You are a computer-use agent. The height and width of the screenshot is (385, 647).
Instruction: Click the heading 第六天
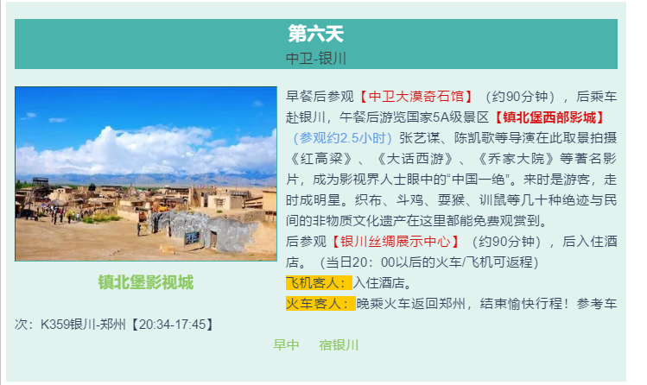point(315,34)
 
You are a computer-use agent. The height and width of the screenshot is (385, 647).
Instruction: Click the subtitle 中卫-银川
point(315,59)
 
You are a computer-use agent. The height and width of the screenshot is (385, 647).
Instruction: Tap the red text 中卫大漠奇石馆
point(416,97)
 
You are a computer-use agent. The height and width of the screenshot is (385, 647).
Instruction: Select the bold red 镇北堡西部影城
point(549,117)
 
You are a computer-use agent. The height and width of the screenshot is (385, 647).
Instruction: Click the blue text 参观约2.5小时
point(342,138)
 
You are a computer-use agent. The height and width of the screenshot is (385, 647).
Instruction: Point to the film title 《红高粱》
point(320,159)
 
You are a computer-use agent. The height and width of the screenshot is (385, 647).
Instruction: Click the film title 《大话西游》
point(414,159)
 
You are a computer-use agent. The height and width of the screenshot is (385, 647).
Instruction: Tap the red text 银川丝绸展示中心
point(396,242)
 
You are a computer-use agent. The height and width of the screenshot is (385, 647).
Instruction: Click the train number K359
point(54,325)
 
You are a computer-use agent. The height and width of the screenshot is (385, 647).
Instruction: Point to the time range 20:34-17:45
point(172,325)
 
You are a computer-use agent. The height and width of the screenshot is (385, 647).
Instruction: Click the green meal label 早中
point(286,345)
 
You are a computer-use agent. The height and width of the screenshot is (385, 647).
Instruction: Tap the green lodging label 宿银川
point(339,345)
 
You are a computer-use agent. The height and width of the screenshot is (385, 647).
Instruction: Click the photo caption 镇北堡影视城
point(146,282)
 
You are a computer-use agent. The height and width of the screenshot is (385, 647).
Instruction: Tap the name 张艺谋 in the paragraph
point(419,138)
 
